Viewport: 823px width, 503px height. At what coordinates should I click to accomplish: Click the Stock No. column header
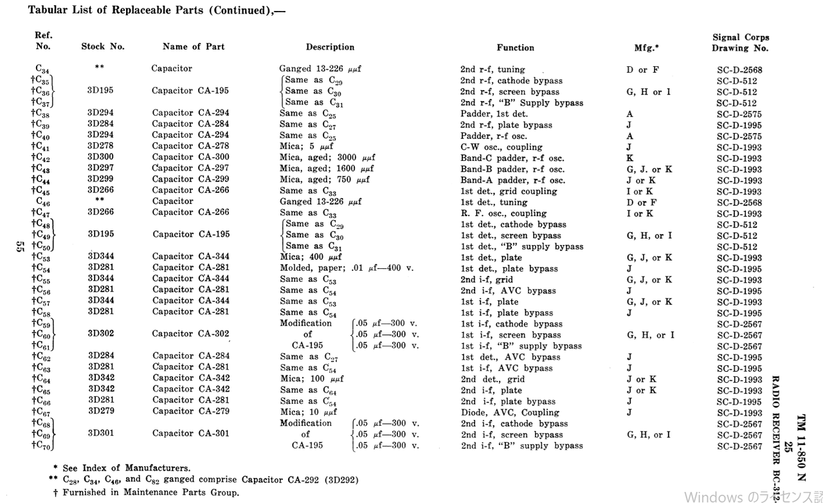point(103,47)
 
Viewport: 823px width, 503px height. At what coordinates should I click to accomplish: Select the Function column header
point(515,48)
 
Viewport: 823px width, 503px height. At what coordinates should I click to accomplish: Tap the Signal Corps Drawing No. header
point(740,42)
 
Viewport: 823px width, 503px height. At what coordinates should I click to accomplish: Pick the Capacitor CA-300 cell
point(190,158)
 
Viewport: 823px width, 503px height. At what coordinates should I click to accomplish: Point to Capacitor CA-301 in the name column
point(190,434)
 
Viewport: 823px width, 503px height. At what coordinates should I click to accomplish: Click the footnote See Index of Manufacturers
point(125,468)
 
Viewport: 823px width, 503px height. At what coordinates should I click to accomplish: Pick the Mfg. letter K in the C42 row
point(630,158)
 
